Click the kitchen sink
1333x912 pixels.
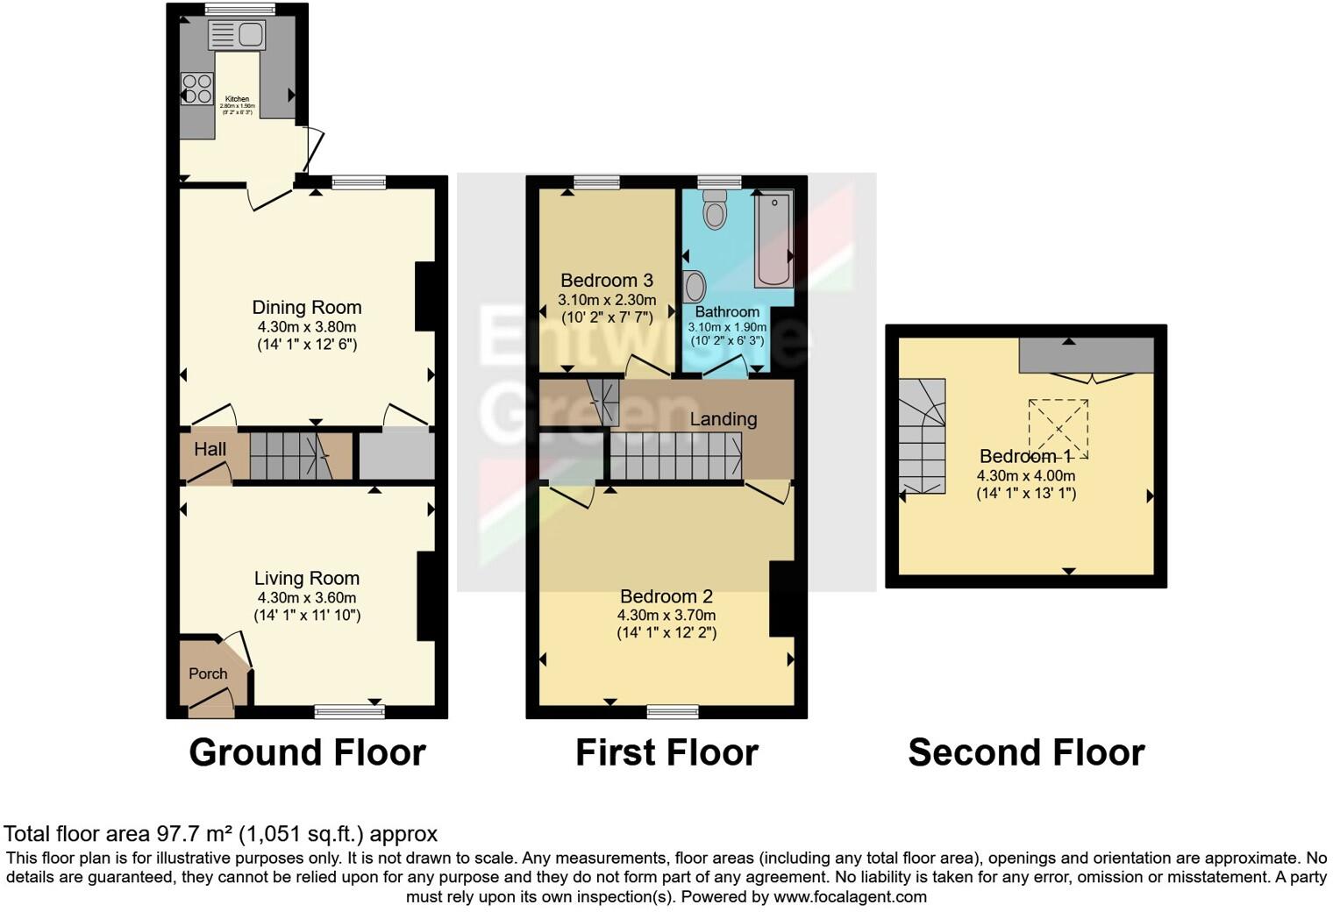[x=237, y=35]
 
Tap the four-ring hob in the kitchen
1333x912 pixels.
[x=196, y=89]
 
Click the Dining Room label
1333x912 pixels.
[x=307, y=307]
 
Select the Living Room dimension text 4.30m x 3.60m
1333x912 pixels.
[x=306, y=597]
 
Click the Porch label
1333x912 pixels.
[x=208, y=673]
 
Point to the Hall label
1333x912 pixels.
[x=210, y=449]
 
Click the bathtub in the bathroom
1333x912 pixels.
[x=773, y=239]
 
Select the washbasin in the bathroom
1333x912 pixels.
[x=695, y=286]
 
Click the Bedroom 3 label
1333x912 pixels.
[x=606, y=281]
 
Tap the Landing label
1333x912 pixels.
[x=723, y=419]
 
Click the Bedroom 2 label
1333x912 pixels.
[x=666, y=597]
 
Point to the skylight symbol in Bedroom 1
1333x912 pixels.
[x=1059, y=428]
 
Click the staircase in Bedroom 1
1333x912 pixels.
[x=923, y=436]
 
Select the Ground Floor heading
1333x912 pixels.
[x=307, y=752]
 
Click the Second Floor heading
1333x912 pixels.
[x=1026, y=752]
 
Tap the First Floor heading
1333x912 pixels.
[x=666, y=752]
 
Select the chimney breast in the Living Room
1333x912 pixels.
[x=425, y=596]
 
